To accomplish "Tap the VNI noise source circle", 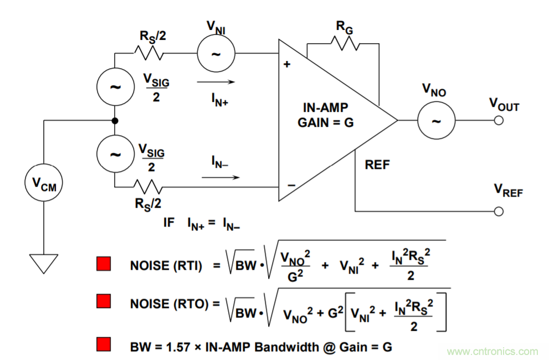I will coord(216,54).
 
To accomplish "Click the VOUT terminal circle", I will coord(498,121).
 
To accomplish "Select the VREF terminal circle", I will coord(498,212).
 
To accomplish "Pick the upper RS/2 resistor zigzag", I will coord(148,54).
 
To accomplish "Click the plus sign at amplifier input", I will coord(287,64).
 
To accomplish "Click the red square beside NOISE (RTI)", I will coord(104,264).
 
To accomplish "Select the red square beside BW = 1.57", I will coord(104,344).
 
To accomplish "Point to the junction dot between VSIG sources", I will coord(115,121).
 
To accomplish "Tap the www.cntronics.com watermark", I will coord(492,351).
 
